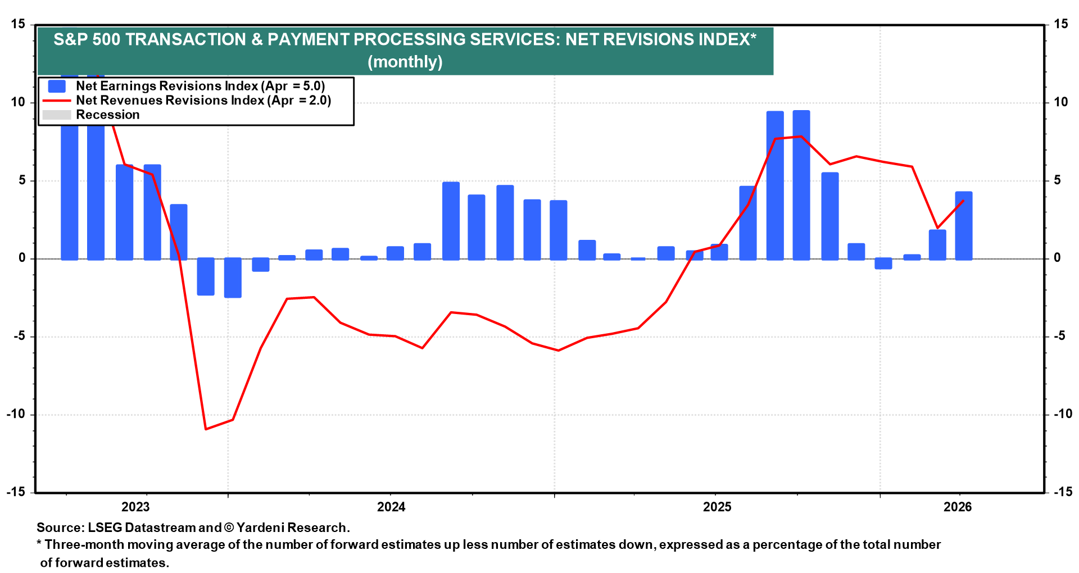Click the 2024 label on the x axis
coord(391,507)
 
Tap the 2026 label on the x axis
coord(958,507)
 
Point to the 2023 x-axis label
coord(135,507)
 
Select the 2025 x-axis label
coord(717,507)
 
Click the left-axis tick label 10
coord(18,102)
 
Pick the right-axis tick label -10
coord(1063,414)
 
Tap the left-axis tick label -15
coord(16,492)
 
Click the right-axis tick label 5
coord(1058,180)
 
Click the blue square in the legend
coord(57,86)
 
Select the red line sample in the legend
coord(57,101)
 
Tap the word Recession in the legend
coord(107,115)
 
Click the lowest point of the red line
coord(206,429)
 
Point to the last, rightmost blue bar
coord(963,226)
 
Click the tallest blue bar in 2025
coord(801,185)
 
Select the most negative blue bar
coord(233,278)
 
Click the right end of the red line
coord(963,201)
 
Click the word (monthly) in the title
coord(405,62)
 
